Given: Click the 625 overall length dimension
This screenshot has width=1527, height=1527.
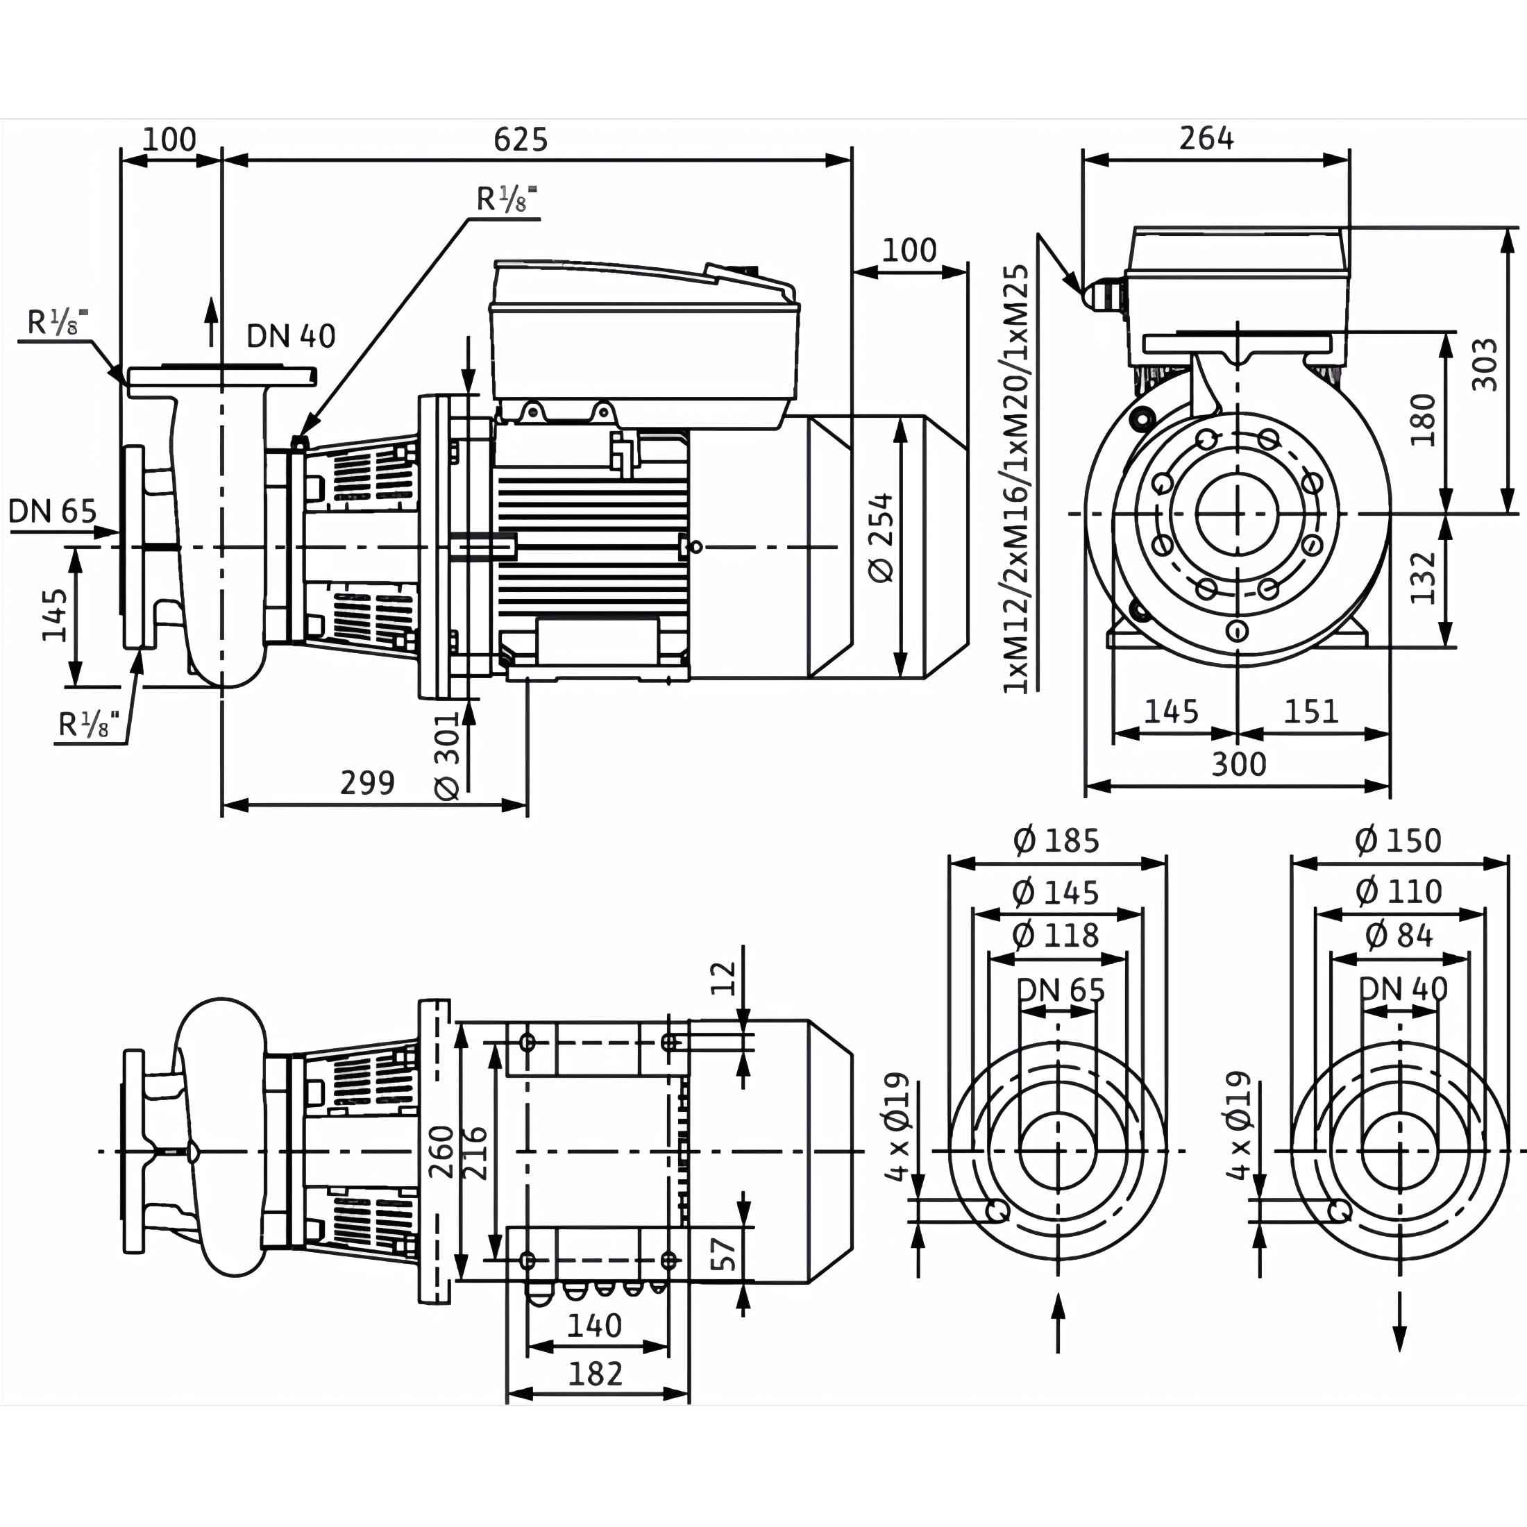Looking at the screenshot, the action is coord(520,140).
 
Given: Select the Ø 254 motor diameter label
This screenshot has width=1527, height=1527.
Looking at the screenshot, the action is coord(881,538).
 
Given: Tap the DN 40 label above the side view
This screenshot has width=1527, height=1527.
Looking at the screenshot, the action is coord(291,336).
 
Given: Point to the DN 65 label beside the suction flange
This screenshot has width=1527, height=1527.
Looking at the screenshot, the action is coord(52,512).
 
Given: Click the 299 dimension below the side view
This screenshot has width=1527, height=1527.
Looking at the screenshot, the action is coord(368,782).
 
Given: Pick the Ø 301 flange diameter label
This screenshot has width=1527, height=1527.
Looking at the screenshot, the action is coord(448,757).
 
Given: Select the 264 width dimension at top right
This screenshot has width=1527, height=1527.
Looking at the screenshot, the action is coord(1206,138).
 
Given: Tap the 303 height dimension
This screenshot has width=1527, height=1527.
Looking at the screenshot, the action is coord(1485,364).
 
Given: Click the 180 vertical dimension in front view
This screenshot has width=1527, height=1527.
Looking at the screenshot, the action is coord(1423,420).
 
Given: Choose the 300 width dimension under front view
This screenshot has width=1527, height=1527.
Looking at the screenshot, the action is coord(1238,764).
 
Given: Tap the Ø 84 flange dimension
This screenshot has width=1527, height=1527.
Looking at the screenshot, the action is coord(1399,935).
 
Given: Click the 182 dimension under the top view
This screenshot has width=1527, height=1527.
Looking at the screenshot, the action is coord(596,1374).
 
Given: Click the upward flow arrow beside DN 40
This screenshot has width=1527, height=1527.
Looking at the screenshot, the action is coord(211,323).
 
